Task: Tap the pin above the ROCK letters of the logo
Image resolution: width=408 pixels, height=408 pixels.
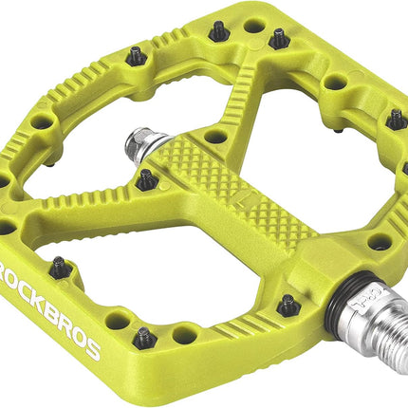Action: point(59,268)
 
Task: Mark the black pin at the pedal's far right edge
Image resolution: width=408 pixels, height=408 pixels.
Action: point(395,120)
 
